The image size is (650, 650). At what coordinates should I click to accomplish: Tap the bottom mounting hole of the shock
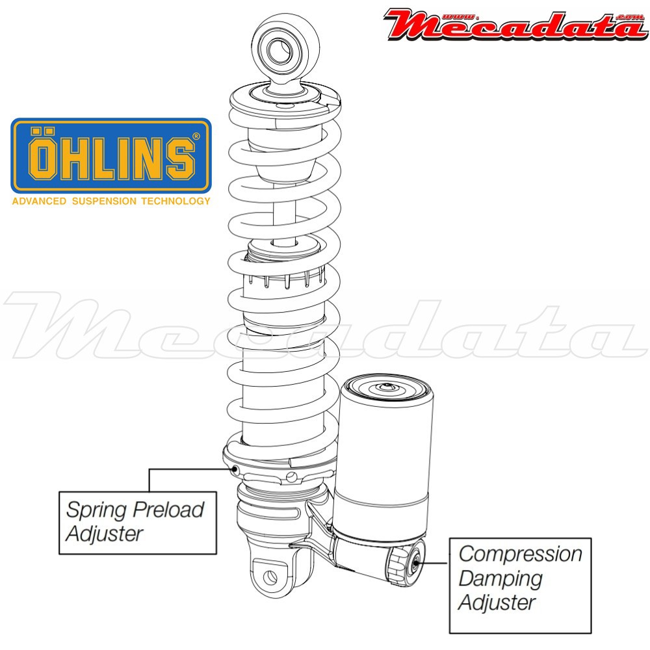click(270, 577)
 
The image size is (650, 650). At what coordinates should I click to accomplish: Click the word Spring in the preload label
click(96, 510)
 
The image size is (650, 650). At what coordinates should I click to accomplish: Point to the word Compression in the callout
click(521, 554)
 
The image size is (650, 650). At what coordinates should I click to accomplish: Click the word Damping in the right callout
click(500, 578)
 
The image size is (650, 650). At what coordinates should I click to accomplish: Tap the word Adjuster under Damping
click(497, 602)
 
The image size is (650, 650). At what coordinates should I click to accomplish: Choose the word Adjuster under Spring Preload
click(105, 533)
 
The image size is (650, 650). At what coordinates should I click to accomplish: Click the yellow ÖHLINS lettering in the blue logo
click(111, 154)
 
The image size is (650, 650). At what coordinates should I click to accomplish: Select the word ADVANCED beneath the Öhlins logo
click(39, 201)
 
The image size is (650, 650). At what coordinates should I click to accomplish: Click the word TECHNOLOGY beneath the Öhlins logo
click(175, 201)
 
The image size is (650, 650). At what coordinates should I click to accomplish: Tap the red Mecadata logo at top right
click(516, 25)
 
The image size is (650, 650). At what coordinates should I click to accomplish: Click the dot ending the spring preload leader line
click(235, 469)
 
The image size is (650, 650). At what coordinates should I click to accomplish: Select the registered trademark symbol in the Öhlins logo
click(196, 136)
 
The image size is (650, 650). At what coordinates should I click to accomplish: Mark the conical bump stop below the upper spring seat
click(285, 156)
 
